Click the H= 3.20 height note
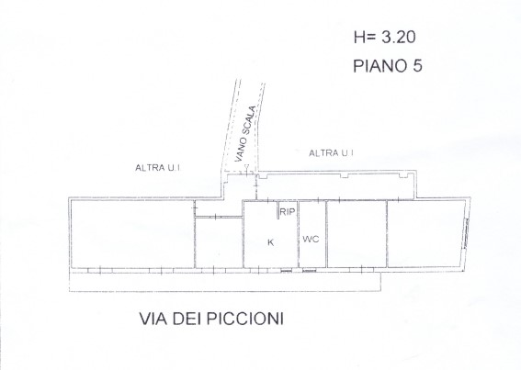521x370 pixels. tap(385, 37)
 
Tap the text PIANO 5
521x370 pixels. tap(388, 66)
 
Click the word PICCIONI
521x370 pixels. tap(245, 319)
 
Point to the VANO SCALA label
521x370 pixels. tap(245, 133)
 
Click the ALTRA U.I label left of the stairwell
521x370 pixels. tap(157, 168)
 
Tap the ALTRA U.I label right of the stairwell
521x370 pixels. tap(332, 153)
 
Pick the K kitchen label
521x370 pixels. tap(271, 242)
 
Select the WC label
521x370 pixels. tap(311, 239)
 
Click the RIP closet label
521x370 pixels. tap(288, 211)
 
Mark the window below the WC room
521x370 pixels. tap(310, 271)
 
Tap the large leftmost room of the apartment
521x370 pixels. tap(132, 233)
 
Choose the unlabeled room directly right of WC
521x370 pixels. tap(357, 234)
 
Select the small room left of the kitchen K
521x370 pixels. tap(219, 242)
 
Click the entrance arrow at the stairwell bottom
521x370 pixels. tap(246, 167)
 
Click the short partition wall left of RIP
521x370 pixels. tap(278, 210)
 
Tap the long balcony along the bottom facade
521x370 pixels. tap(225, 281)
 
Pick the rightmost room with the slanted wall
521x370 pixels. tap(426, 234)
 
